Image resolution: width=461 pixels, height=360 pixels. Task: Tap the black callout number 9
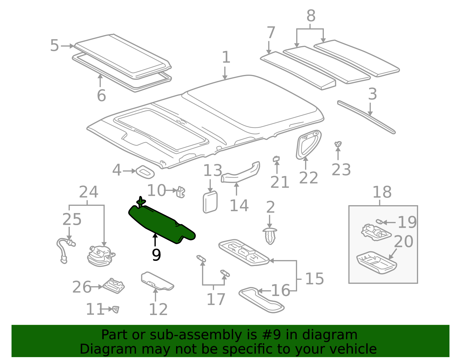click(x=156, y=255)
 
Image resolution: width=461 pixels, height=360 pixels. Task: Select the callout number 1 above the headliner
click(x=226, y=57)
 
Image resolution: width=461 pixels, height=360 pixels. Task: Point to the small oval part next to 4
click(x=145, y=172)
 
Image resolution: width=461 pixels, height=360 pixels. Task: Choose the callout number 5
click(x=54, y=46)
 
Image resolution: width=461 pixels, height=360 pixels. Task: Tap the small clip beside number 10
click(x=181, y=192)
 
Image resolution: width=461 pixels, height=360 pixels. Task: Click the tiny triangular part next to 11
click(x=116, y=310)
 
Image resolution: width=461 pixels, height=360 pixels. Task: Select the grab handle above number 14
click(x=240, y=172)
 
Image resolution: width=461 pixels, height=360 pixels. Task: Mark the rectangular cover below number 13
click(x=210, y=202)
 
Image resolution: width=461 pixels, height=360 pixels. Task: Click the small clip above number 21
click(x=276, y=159)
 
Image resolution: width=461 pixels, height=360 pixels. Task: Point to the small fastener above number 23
click(x=338, y=144)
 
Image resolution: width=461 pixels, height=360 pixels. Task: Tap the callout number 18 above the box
click(x=382, y=192)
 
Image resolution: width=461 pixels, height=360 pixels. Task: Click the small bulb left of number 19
click(x=379, y=222)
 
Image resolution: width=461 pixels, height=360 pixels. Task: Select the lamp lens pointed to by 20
click(x=377, y=263)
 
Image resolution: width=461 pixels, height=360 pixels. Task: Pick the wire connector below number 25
click(x=66, y=250)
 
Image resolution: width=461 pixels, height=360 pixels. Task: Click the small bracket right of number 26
click(x=114, y=286)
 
